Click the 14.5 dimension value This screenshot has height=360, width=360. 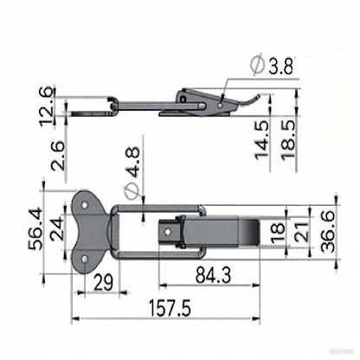pyautogui.click(x=261, y=136)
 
